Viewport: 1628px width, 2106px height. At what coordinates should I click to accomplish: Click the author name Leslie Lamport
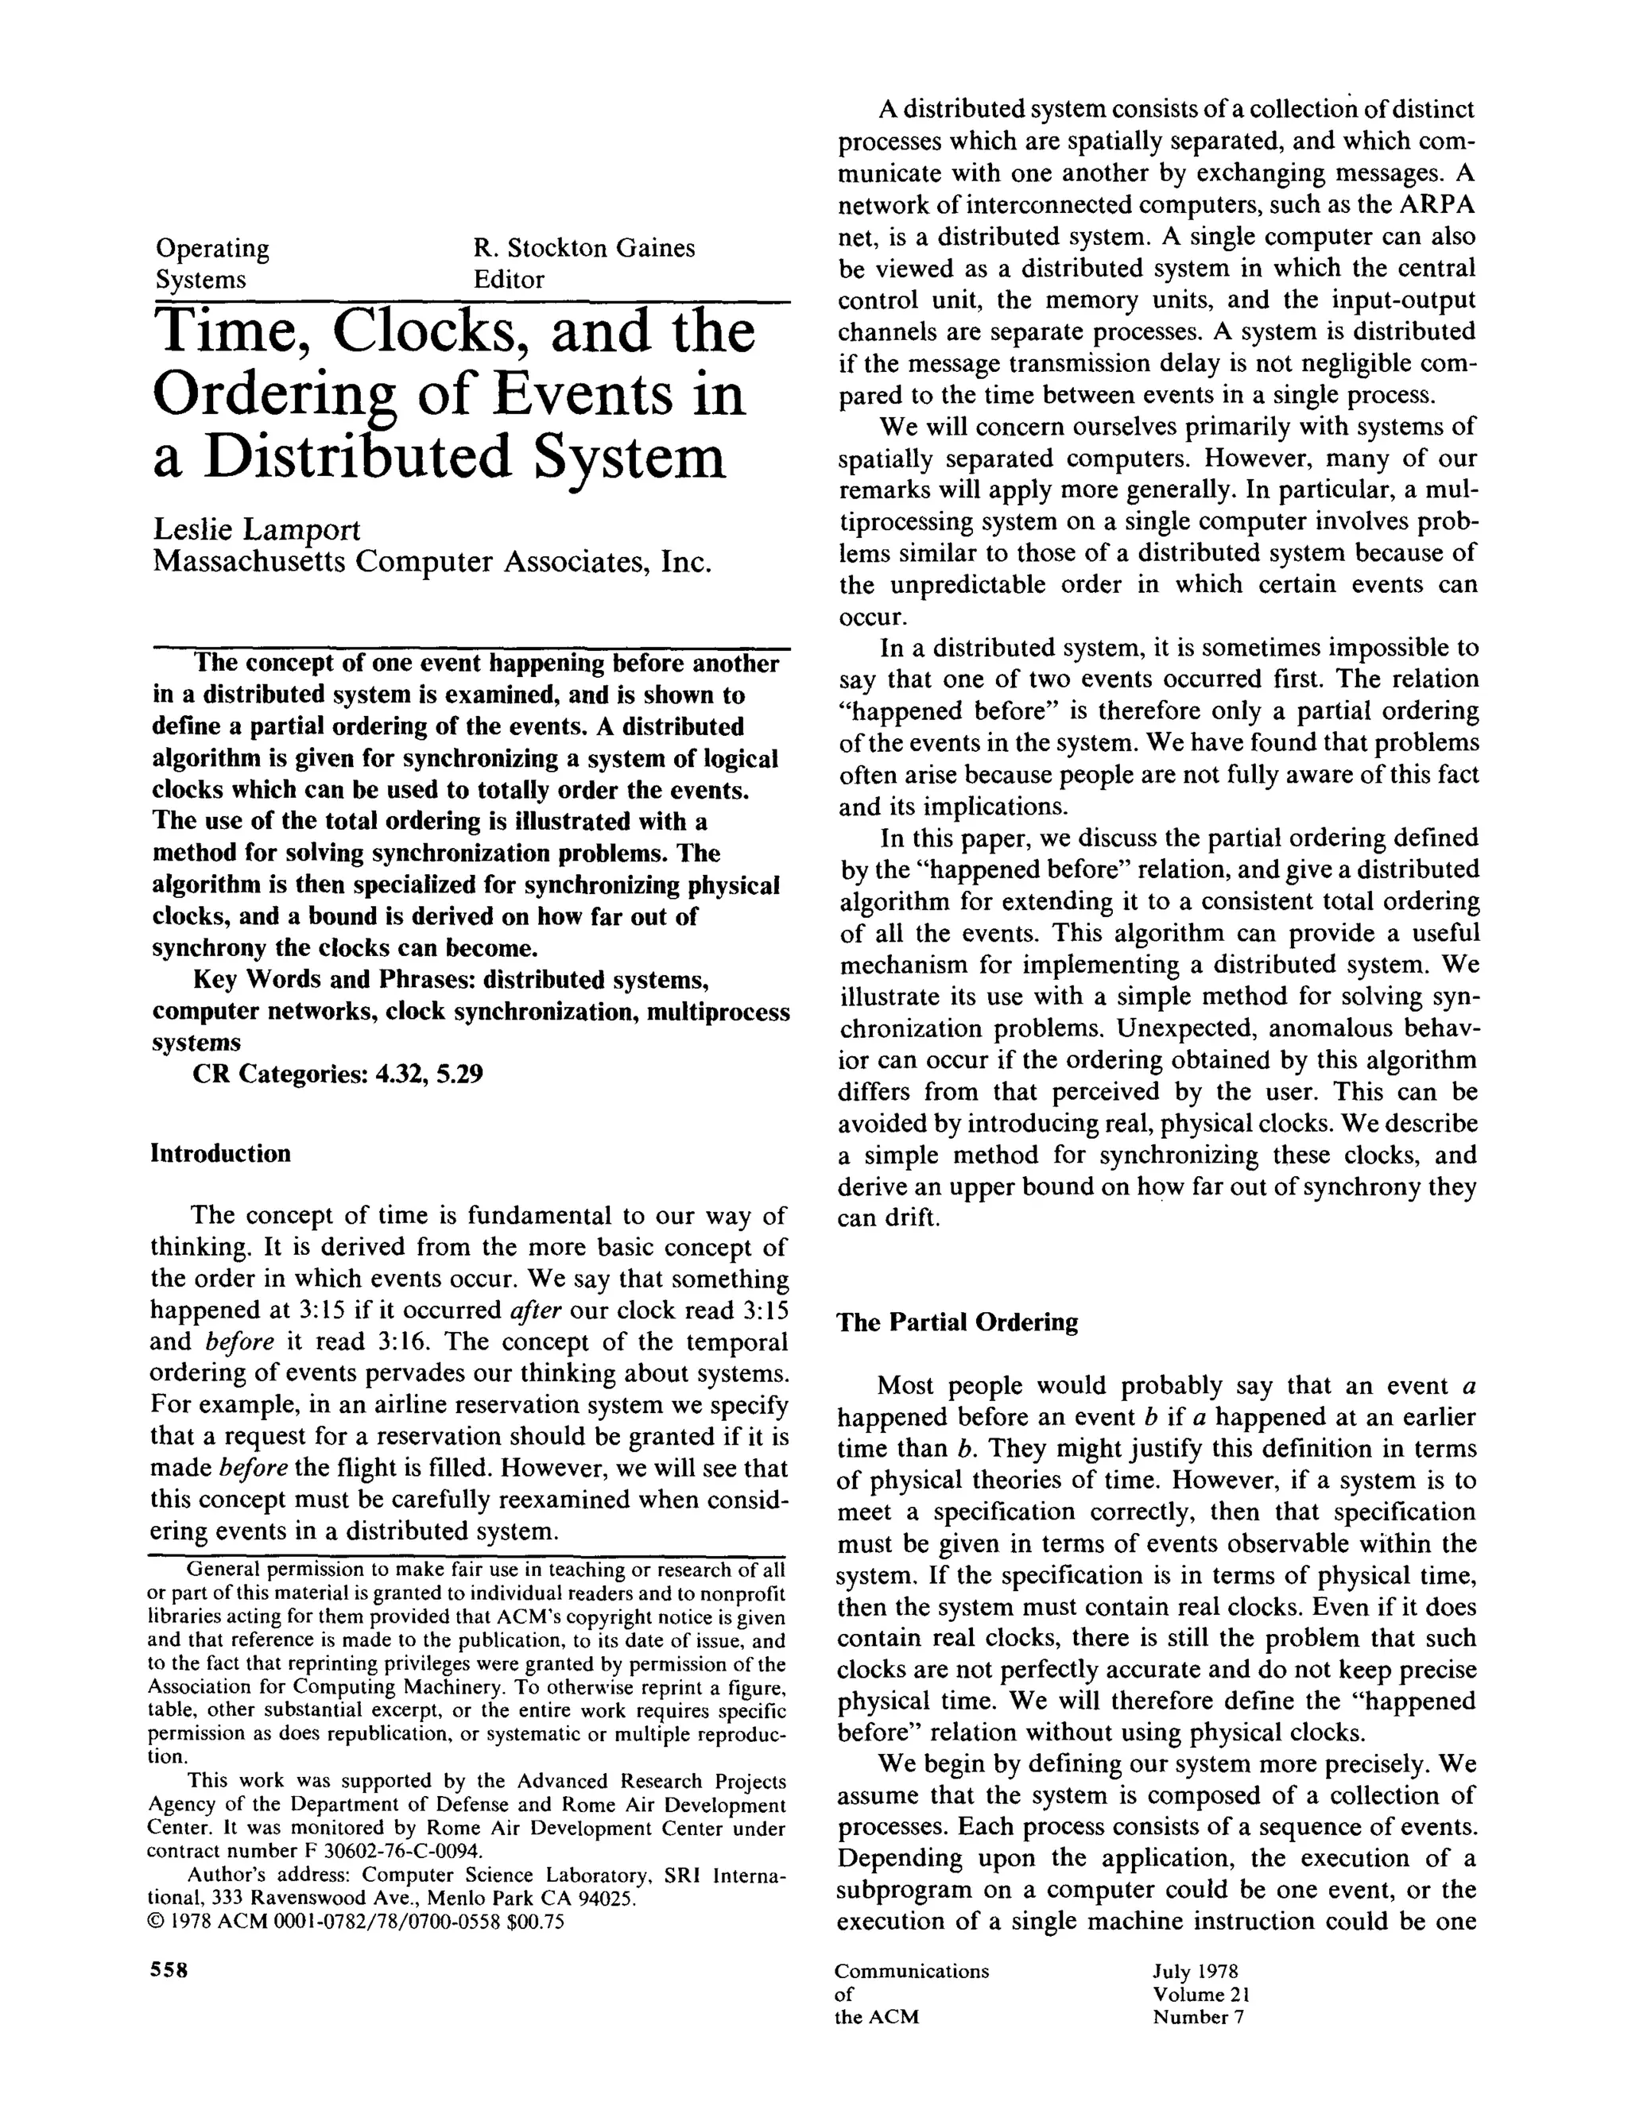click(257, 528)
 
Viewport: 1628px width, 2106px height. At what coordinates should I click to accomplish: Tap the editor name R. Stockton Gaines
click(583, 248)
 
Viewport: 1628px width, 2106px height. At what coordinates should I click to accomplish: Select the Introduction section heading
click(220, 1153)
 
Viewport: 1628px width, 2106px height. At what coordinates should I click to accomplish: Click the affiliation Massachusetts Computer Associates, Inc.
click(431, 561)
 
